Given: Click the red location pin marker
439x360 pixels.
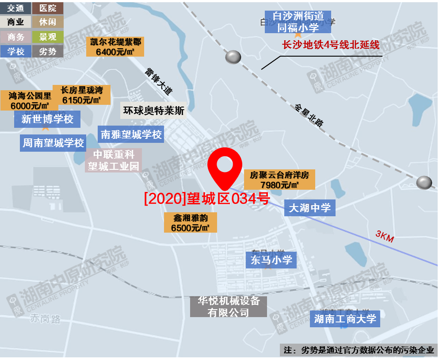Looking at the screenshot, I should click(226, 167).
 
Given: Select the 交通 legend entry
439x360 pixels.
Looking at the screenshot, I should click(16, 8).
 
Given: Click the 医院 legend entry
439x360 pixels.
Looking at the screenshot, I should click(48, 8).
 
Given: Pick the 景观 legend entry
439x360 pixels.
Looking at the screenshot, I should click(48, 37).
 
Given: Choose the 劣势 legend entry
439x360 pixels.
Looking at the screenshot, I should click(48, 51).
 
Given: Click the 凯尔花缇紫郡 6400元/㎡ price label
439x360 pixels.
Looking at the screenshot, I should click(115, 46).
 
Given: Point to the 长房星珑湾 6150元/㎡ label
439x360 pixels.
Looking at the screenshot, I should click(81, 95).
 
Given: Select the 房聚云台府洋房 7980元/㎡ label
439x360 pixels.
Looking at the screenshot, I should click(279, 180).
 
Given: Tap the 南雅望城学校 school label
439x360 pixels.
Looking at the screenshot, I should click(131, 134).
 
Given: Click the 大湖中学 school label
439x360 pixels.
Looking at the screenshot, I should click(309, 207).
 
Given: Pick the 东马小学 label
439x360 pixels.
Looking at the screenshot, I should click(271, 260).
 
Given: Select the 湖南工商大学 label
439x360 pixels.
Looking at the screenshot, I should click(345, 318).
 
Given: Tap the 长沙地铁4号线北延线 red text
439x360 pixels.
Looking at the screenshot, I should click(331, 45).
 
